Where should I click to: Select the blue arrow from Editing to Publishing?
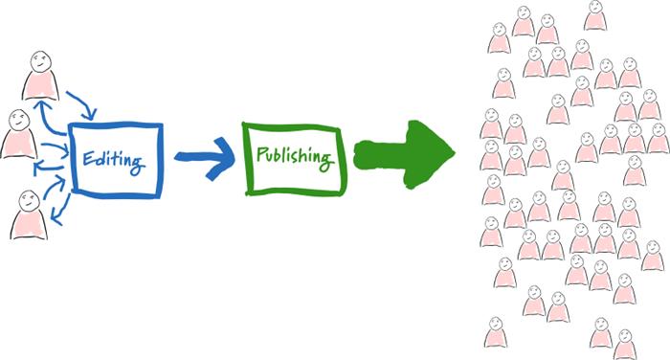point(204,156)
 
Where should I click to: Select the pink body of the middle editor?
point(18,144)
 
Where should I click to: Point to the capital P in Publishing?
point(257,154)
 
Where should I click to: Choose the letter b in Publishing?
point(279,153)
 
